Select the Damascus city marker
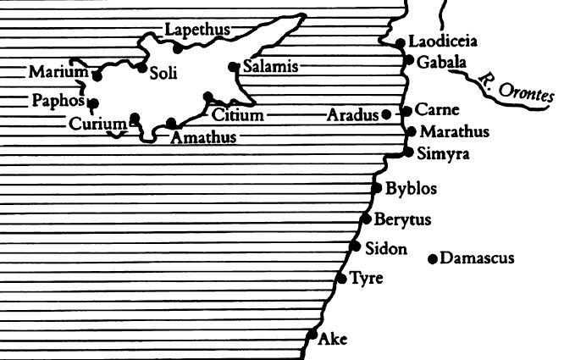[433, 259]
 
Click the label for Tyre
[368, 278]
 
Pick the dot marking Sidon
[355, 246]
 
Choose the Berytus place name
[402, 220]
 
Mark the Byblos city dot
[377, 189]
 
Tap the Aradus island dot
[386, 114]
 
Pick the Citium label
[237, 115]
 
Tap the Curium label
[97, 125]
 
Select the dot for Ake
[312, 334]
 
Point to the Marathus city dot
[412, 131]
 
